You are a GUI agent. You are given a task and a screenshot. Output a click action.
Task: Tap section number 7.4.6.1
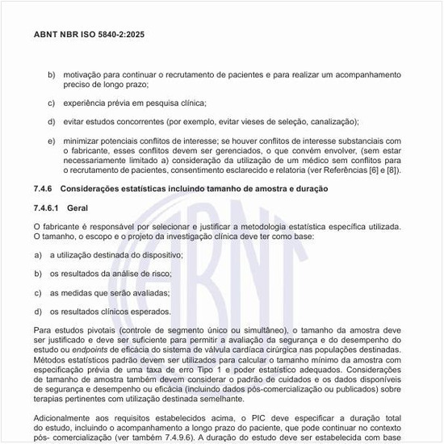pyautogui.click(x=50, y=207)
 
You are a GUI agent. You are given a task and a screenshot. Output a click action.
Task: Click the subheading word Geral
pyautogui.click(x=77, y=207)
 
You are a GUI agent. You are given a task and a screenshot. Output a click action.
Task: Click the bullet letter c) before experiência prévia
pyautogui.click(x=51, y=103)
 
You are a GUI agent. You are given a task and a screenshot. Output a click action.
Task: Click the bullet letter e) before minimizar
pyautogui.click(x=51, y=140)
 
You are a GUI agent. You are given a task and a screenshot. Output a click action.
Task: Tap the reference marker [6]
pyautogui.click(x=370, y=170)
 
